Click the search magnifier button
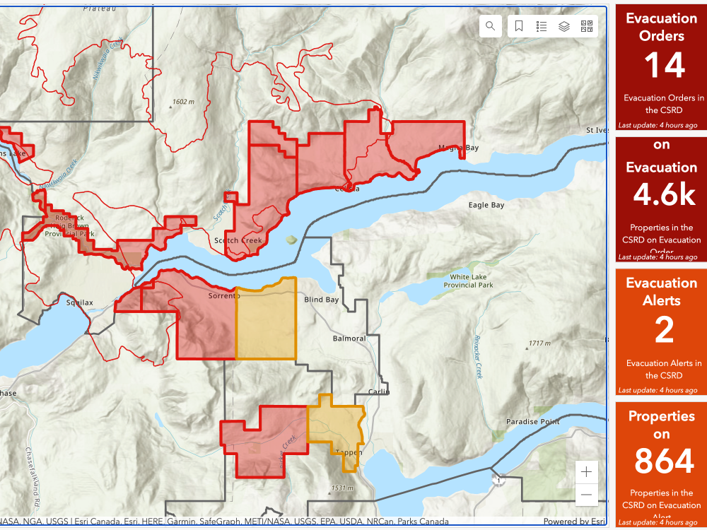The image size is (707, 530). coord(490,26)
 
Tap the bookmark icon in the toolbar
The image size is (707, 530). coord(519,26)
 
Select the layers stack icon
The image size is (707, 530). coord(564,26)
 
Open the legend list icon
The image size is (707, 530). coord(542,26)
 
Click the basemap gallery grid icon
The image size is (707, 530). coord(587,26)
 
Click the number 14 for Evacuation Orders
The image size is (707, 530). coord(664,66)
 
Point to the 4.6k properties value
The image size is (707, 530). coord(664,196)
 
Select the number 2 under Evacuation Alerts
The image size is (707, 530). coord(664,330)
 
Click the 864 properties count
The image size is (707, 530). coord(664,461)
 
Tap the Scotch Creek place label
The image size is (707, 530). coord(238,240)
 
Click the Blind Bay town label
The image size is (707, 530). coord(322,300)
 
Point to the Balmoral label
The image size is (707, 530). coord(349,338)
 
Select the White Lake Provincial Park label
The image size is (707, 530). coord(468,281)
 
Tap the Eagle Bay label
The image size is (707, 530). coord(486,205)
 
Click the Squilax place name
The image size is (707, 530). coord(79,302)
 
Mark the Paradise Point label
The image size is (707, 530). coord(532,422)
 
